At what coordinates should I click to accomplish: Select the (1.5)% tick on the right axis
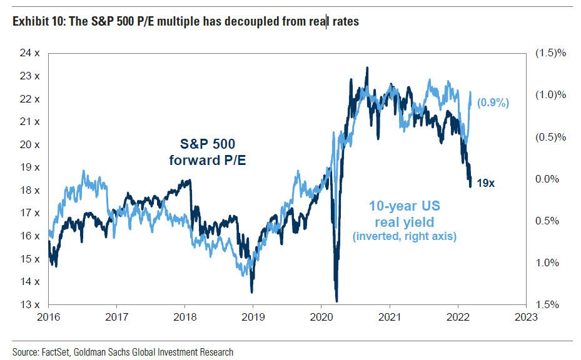tap(551, 53)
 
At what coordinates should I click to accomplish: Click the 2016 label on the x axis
tap(48, 317)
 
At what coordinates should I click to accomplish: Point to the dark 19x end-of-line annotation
tap(486, 184)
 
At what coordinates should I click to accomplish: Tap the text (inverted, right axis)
tap(404, 236)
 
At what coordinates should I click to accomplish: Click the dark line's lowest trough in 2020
tap(337, 301)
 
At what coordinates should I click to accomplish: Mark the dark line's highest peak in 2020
tap(366, 67)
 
